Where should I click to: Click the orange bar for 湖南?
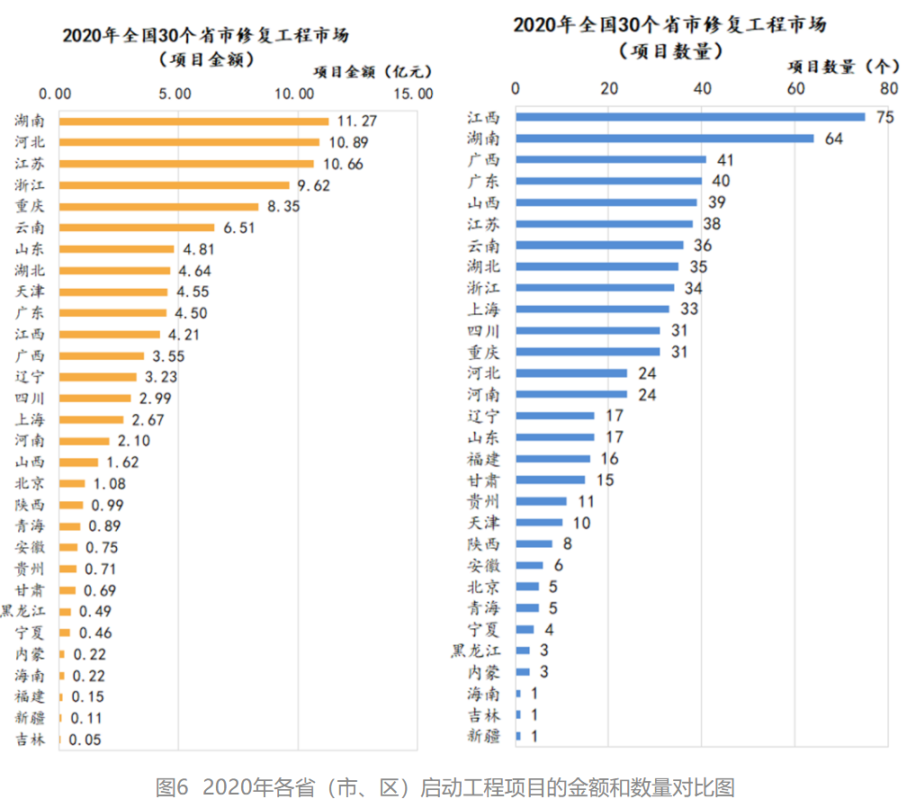pyautogui.click(x=193, y=121)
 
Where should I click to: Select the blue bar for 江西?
pyautogui.click(x=690, y=117)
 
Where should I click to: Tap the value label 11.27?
pyautogui.click(x=356, y=121)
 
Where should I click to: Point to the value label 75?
pyautogui.click(x=885, y=117)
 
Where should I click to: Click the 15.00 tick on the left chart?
pyautogui.click(x=414, y=94)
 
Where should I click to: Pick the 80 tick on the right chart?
pyautogui.click(x=889, y=88)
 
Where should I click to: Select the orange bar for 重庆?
pyautogui.click(x=158, y=206)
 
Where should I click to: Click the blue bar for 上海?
pyautogui.click(x=592, y=310)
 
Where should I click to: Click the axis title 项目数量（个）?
pyautogui.click(x=843, y=66)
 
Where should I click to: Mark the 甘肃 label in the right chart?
pyautogui.click(x=484, y=480)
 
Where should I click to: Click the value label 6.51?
pyautogui.click(x=241, y=228)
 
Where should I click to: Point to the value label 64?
pyautogui.click(x=833, y=139)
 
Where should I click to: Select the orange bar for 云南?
pyautogui.click(x=137, y=228)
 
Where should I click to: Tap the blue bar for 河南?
pyautogui.click(x=571, y=394)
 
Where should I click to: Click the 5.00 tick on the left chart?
pyautogui.click(x=175, y=94)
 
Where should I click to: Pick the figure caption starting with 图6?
pyautogui.click(x=445, y=786)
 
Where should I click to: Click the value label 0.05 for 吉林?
pyautogui.click(x=85, y=740)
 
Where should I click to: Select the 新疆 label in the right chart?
pyautogui.click(x=484, y=736)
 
